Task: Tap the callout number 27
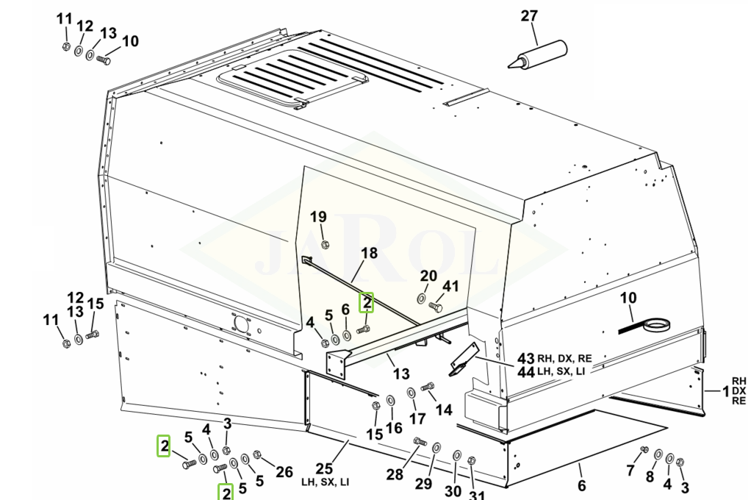point(529,16)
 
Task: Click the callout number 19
point(317,217)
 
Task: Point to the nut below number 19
point(326,244)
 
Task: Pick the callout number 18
point(369,253)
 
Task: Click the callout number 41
point(450,286)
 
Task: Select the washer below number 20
point(420,298)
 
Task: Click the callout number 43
point(525,358)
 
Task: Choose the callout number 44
point(525,373)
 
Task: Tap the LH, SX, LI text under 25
point(325,482)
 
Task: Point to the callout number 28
point(395,474)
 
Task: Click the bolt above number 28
point(420,441)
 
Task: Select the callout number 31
point(478,494)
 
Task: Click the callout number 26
point(284,471)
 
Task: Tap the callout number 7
point(630,470)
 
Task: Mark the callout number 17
point(417,419)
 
